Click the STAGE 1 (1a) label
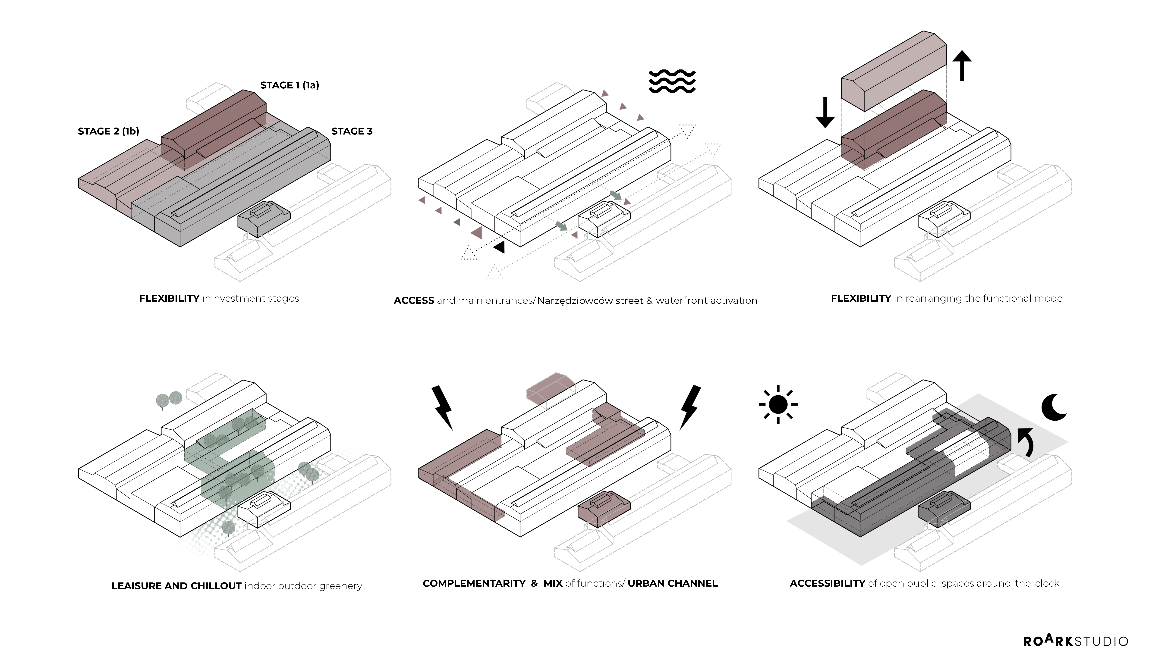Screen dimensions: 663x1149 pos(289,85)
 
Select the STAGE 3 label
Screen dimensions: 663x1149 pos(352,131)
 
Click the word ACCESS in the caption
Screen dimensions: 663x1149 pos(414,300)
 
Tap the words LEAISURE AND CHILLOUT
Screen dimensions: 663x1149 pos(176,586)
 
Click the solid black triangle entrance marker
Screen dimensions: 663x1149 pos(500,247)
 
